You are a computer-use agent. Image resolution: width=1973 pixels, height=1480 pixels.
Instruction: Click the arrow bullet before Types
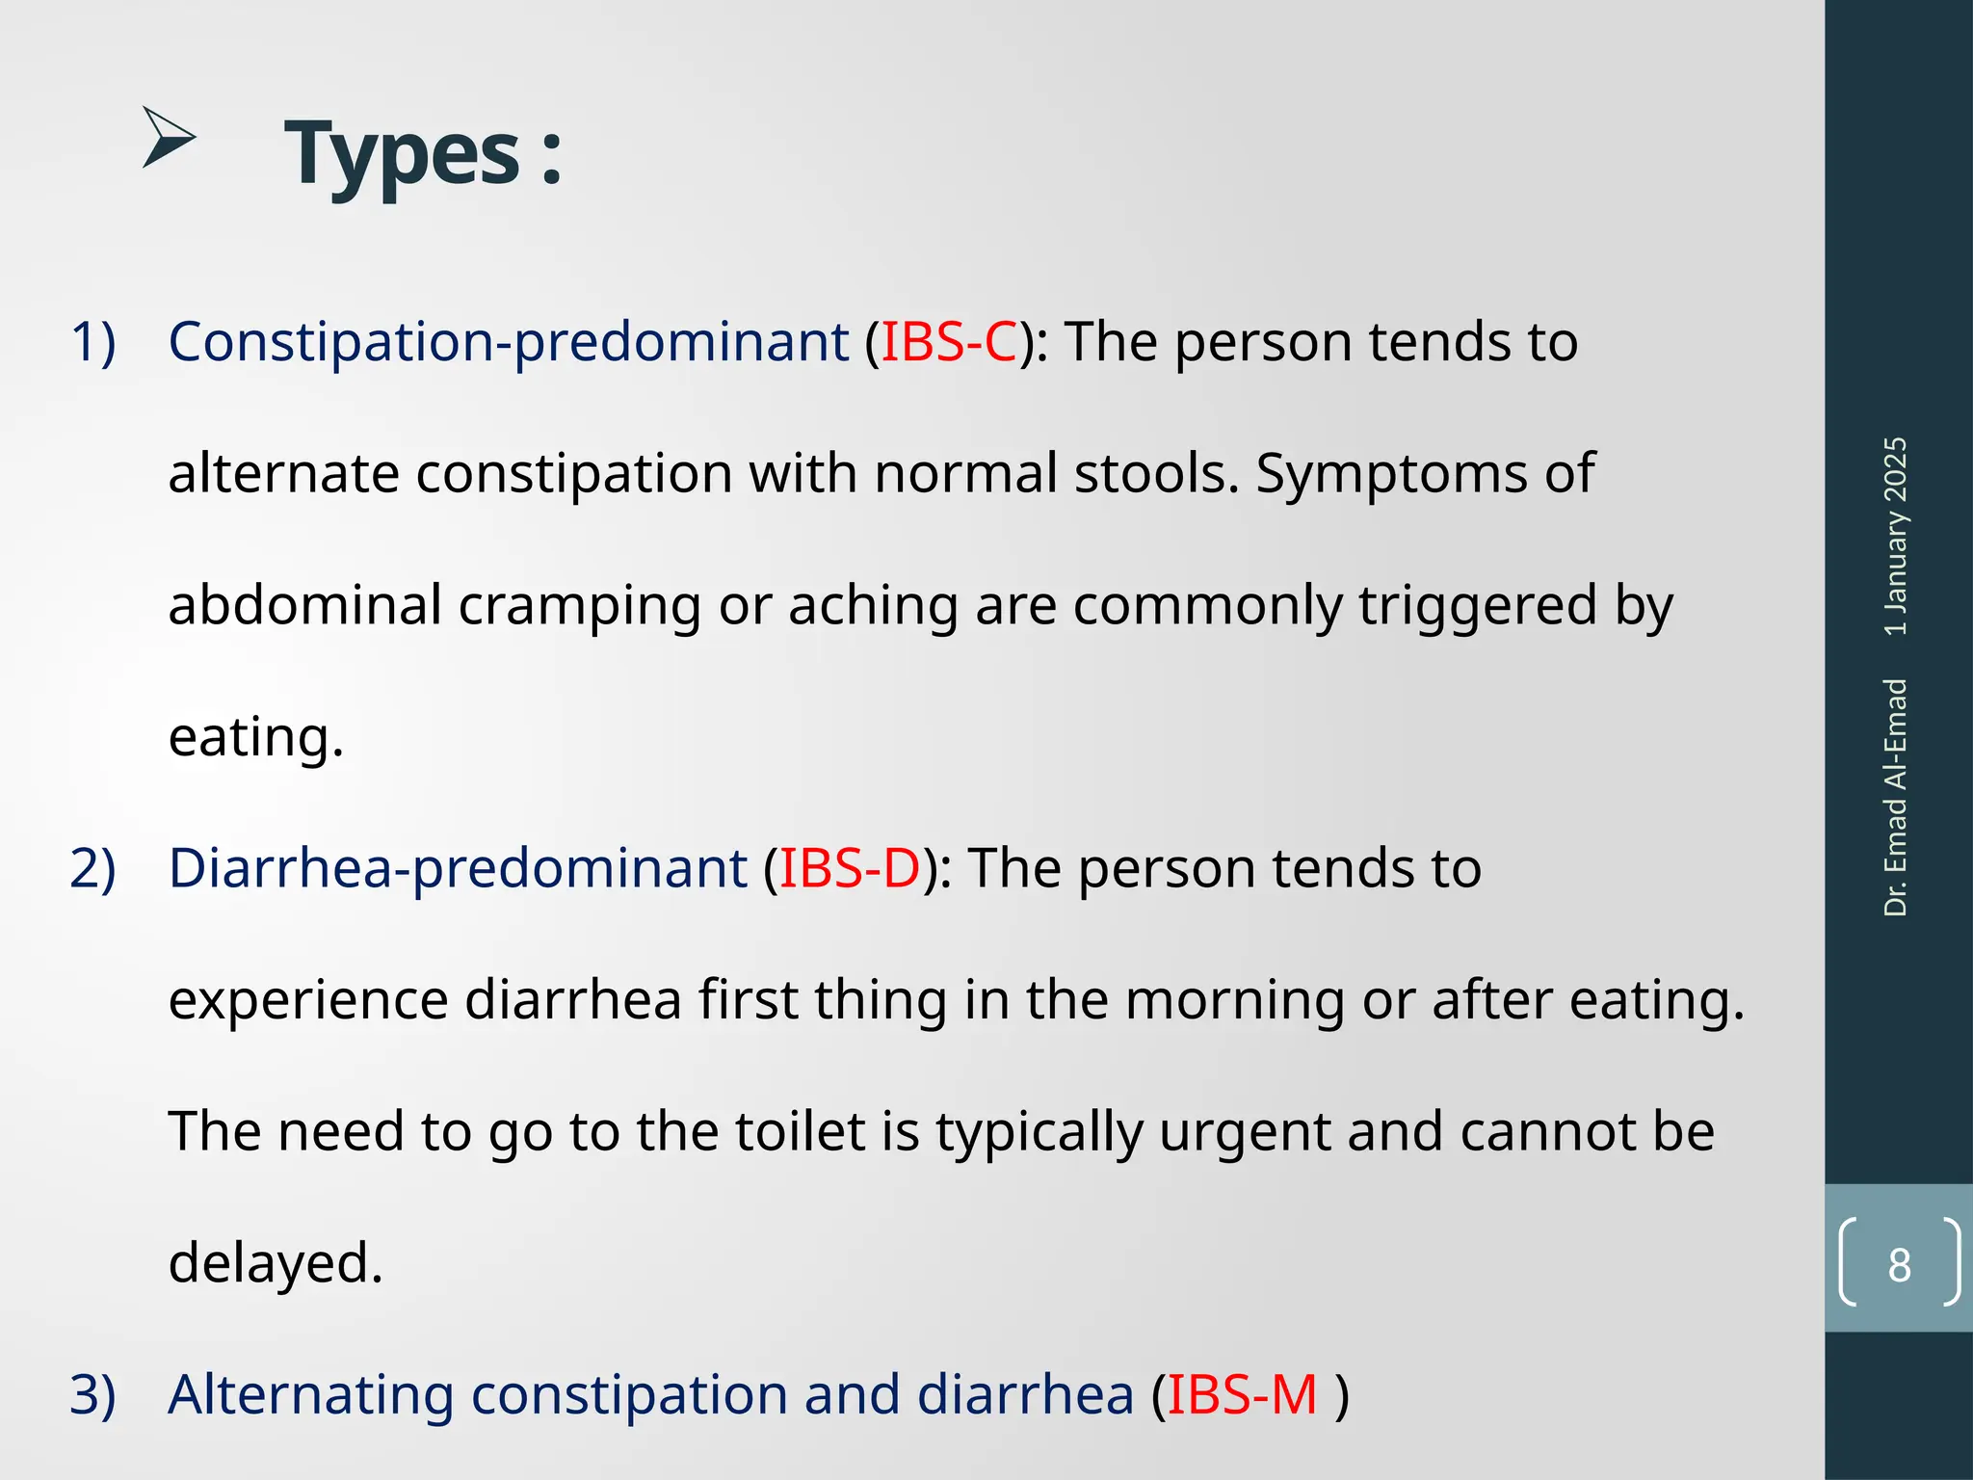(x=169, y=138)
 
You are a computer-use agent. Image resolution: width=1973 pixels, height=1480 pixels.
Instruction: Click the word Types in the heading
(x=403, y=154)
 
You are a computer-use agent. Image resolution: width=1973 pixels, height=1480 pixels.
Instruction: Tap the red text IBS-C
(x=949, y=342)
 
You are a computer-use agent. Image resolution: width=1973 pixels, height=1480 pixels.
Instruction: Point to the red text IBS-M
(x=1242, y=1394)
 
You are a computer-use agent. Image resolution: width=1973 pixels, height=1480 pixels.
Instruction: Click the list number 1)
(x=93, y=342)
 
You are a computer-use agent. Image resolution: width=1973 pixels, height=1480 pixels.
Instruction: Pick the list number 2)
(x=93, y=868)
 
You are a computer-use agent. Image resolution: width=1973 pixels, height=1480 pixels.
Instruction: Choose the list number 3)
(x=93, y=1394)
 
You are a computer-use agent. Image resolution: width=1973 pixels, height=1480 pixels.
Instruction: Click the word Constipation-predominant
(x=508, y=342)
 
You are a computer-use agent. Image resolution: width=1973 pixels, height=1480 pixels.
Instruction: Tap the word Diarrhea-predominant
(x=458, y=868)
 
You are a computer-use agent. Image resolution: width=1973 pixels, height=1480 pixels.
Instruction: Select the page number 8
(x=1899, y=1265)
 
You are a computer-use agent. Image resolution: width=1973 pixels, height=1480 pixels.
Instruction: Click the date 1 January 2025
(x=1895, y=536)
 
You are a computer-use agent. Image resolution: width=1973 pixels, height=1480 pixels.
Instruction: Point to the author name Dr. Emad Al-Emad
(x=1895, y=797)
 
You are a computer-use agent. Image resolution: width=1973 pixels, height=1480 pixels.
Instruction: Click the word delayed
(x=276, y=1263)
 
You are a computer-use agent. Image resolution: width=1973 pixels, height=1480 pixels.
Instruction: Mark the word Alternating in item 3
(x=311, y=1394)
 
